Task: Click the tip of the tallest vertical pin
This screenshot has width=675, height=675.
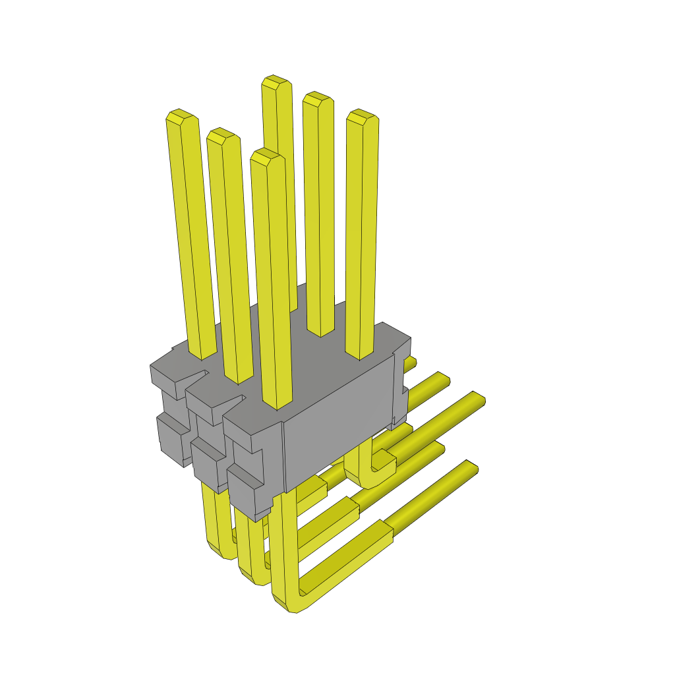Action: [276, 82]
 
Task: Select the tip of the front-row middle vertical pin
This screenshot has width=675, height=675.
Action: [221, 134]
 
